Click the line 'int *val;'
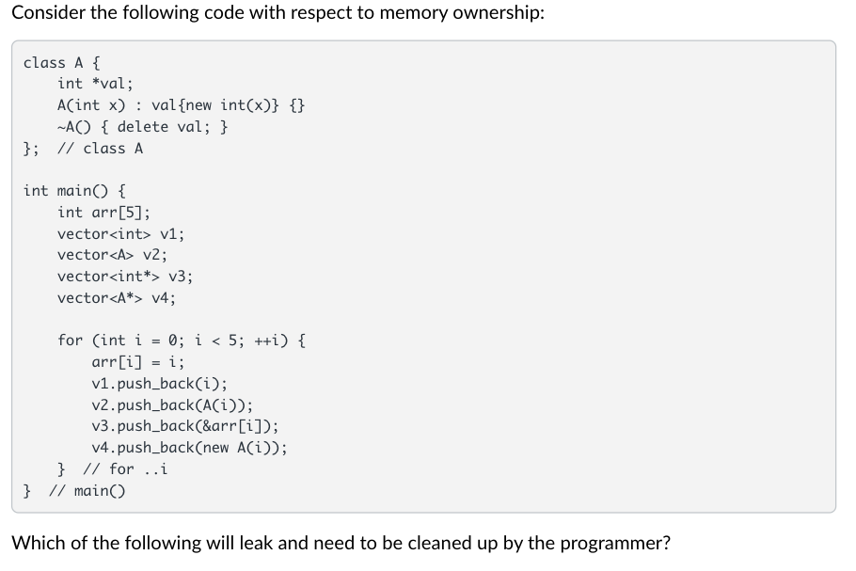pos(95,84)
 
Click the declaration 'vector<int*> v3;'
pos(125,276)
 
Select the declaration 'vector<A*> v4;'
pos(117,297)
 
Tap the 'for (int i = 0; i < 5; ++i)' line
pos(181,340)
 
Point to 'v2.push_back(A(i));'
pos(172,404)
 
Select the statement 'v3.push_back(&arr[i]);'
pos(185,425)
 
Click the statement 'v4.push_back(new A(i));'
pos(189,447)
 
